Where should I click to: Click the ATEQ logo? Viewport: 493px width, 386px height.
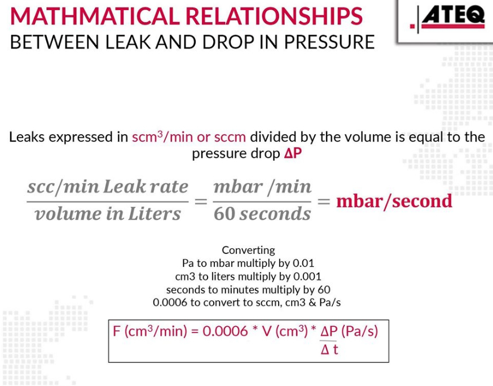tap(447, 18)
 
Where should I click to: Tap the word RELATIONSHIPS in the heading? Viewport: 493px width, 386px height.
tap(274, 16)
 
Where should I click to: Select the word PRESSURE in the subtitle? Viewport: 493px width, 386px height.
tap(329, 42)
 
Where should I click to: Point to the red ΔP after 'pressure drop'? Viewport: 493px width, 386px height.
tap(293, 153)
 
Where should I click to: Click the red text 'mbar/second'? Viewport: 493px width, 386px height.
tap(394, 201)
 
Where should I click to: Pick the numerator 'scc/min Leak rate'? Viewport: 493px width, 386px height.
tap(108, 187)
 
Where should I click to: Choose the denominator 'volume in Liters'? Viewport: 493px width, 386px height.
tap(108, 214)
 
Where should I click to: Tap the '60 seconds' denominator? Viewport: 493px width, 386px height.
tap(262, 214)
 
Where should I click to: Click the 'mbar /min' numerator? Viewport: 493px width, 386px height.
tap(262, 187)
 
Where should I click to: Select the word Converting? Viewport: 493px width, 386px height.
tap(248, 250)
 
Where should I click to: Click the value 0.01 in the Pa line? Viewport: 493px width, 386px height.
tap(303, 263)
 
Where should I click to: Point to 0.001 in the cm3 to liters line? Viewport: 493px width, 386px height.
tap(307, 276)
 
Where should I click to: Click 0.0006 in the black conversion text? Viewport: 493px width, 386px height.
tap(170, 302)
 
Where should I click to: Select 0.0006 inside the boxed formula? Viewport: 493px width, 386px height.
tap(225, 331)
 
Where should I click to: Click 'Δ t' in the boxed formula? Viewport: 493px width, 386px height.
tap(329, 349)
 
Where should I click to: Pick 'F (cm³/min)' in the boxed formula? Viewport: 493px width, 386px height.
tap(150, 331)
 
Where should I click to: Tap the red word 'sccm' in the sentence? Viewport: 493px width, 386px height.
tap(230, 137)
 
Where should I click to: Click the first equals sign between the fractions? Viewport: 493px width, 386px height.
tap(201, 201)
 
